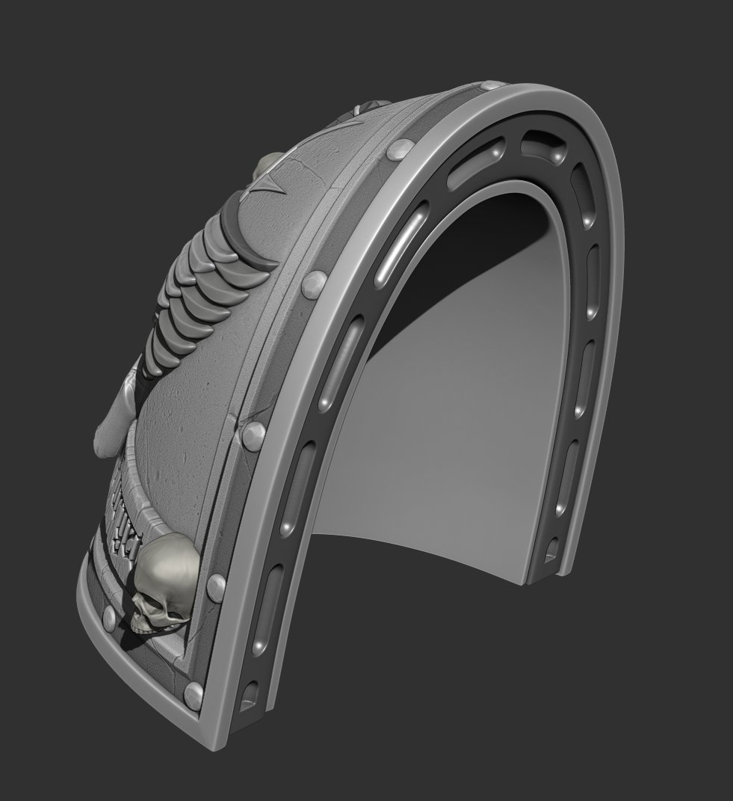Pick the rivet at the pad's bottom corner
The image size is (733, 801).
[x=194, y=692]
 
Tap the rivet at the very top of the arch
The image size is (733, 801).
[x=492, y=88]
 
